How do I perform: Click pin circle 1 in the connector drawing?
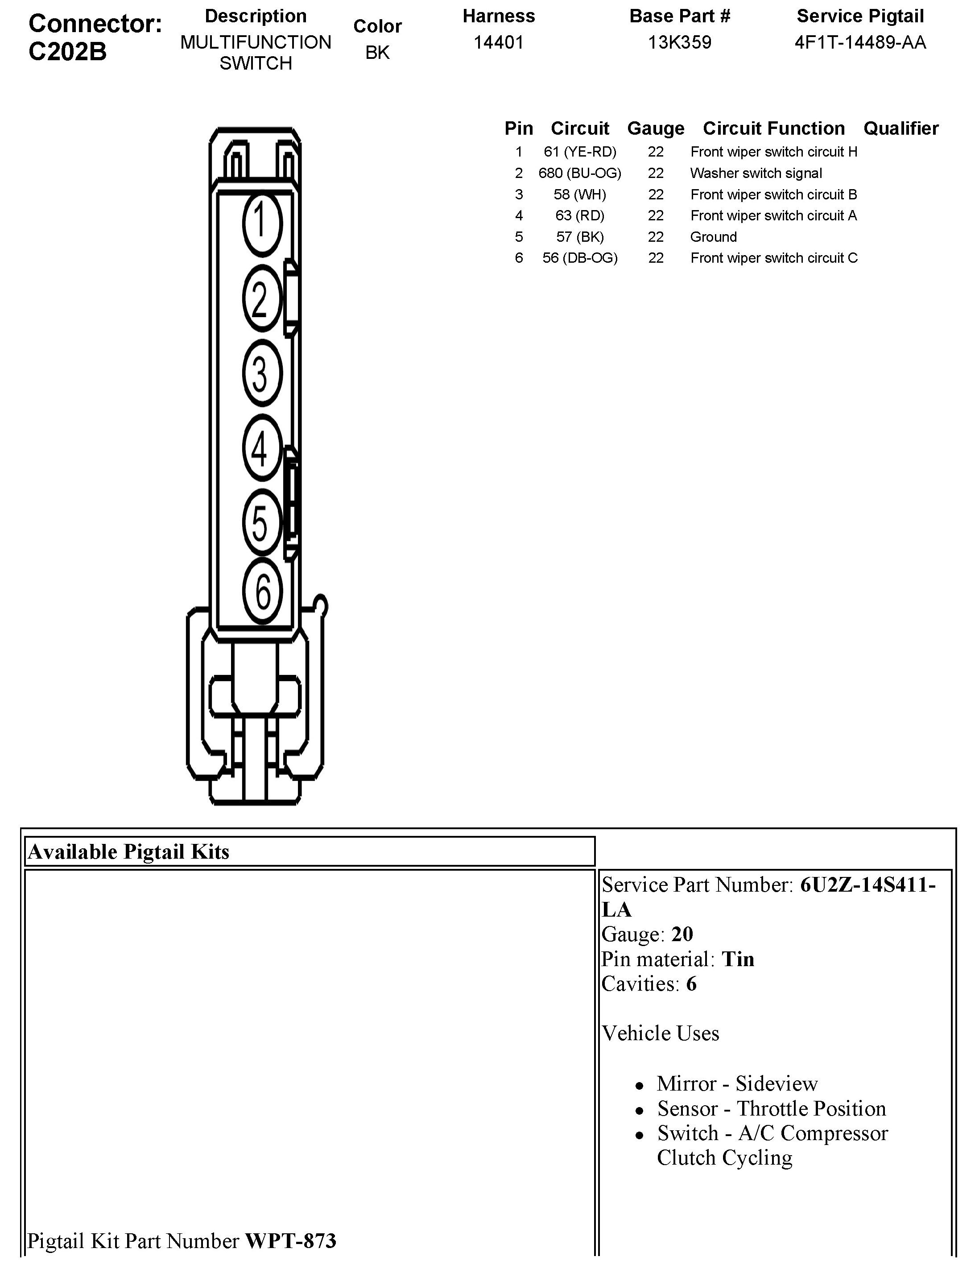[x=262, y=224]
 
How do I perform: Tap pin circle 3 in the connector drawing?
[x=262, y=373]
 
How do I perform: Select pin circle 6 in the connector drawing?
[x=263, y=592]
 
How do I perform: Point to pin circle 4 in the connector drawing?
[x=262, y=448]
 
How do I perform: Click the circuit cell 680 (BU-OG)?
[x=579, y=173]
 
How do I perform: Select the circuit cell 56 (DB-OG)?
[x=579, y=258]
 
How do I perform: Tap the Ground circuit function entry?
[x=714, y=237]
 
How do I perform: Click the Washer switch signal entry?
[x=756, y=173]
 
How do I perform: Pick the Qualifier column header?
[x=901, y=128]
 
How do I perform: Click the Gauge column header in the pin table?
[x=655, y=128]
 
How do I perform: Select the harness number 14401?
[x=499, y=42]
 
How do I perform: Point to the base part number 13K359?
[x=679, y=42]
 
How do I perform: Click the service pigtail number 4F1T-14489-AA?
[x=860, y=42]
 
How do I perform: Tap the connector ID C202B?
[x=67, y=52]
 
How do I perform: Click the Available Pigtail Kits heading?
[x=128, y=852]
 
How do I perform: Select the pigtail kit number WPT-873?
[x=290, y=1240]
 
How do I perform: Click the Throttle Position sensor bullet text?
[x=772, y=1108]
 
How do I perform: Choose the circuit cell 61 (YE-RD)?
[x=579, y=152]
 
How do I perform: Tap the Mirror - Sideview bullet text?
[x=737, y=1083]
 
